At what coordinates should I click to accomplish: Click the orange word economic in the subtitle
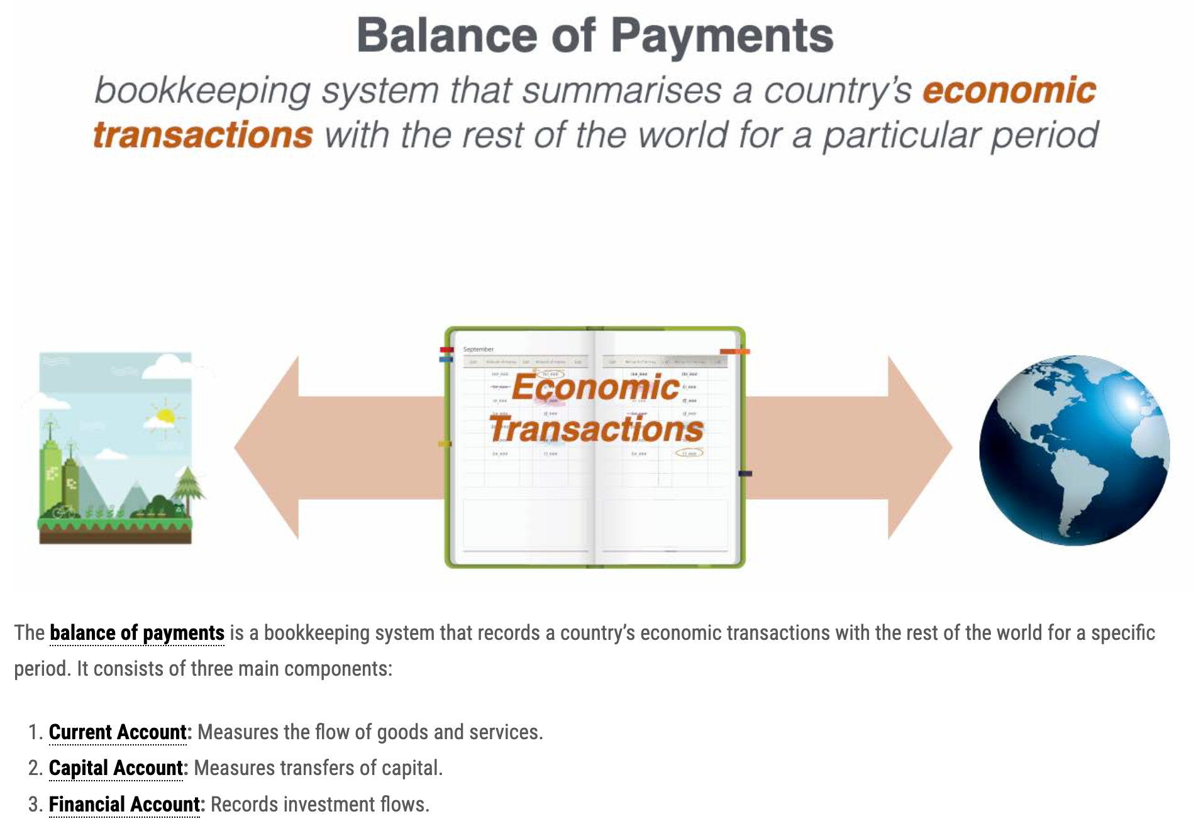[1009, 90]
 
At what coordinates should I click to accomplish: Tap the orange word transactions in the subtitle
[202, 135]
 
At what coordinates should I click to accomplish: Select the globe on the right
[1074, 449]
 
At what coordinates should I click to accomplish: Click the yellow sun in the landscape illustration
[165, 415]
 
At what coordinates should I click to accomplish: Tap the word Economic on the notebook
[595, 387]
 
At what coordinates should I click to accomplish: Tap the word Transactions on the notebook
[596, 429]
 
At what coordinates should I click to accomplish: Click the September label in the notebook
[479, 349]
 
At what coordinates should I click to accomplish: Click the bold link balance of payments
[137, 633]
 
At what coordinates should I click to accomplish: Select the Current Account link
[118, 732]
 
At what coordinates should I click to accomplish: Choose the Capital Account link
[116, 768]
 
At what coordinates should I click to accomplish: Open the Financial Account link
[124, 805]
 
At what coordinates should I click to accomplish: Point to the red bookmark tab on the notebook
[446, 350]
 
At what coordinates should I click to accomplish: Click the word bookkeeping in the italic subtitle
[202, 90]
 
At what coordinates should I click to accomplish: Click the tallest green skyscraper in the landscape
[50, 471]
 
